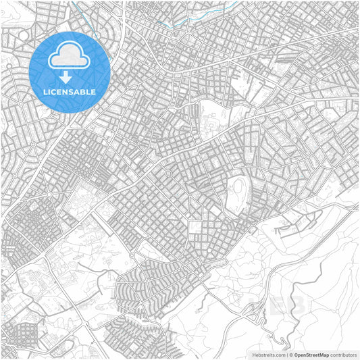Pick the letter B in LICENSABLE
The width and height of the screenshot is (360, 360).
(x=84, y=92)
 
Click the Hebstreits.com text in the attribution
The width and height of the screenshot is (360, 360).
(x=267, y=354)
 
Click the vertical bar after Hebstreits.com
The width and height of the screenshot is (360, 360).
(x=287, y=354)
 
